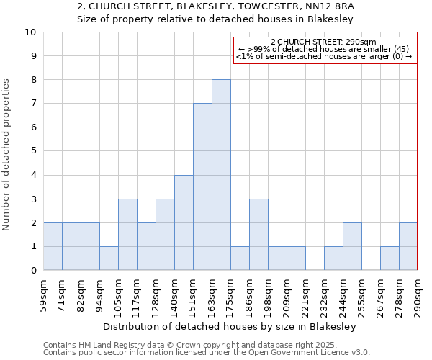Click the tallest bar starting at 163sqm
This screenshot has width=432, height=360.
[x=221, y=175]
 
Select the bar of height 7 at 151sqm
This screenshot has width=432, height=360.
[x=202, y=187]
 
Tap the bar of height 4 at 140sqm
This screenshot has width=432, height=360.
[x=184, y=222]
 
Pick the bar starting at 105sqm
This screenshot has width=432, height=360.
[x=127, y=235]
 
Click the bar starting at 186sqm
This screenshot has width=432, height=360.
[x=258, y=235]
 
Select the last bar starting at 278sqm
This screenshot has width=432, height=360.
[x=408, y=246]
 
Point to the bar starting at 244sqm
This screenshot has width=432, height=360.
[x=352, y=246]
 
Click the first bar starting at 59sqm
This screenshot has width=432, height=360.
[x=53, y=246]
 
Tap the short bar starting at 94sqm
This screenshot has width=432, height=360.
[x=109, y=258]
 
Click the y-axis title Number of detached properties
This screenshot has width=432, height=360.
[x=7, y=155]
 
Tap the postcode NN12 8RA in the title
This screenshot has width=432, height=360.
[x=333, y=6]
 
